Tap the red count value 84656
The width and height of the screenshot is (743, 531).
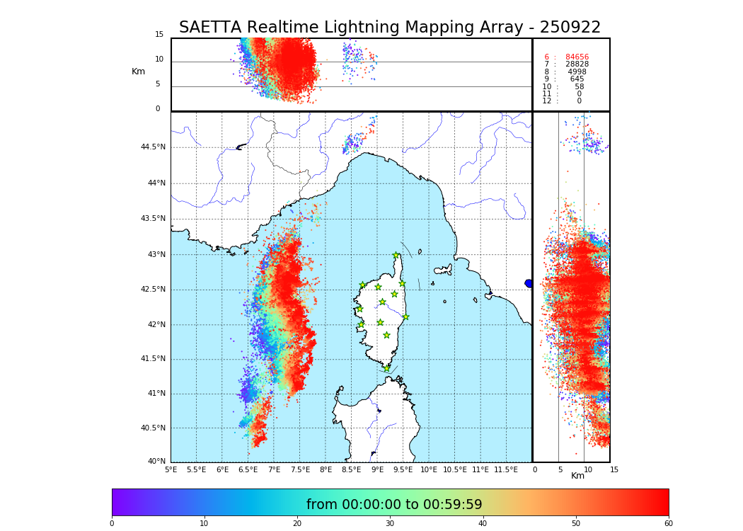577,57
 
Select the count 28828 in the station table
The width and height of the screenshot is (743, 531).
577,64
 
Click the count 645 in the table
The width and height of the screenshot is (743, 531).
577,79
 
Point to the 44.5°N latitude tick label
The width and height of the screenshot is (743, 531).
153,147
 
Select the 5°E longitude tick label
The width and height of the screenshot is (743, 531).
171,469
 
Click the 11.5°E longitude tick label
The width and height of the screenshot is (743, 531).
505,469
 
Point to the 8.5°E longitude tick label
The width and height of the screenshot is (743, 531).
351,469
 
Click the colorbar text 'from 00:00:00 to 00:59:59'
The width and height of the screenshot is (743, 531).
394,505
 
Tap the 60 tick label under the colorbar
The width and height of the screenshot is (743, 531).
668,523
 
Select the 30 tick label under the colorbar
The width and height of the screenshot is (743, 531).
390,523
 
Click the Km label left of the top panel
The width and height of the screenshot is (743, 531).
138,72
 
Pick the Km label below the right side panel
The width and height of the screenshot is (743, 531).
578,476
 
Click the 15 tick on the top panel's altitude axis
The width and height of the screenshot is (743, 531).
159,35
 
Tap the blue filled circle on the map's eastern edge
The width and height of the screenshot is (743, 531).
529,283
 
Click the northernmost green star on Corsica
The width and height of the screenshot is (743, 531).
396,256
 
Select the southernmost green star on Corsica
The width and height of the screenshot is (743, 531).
386,368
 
